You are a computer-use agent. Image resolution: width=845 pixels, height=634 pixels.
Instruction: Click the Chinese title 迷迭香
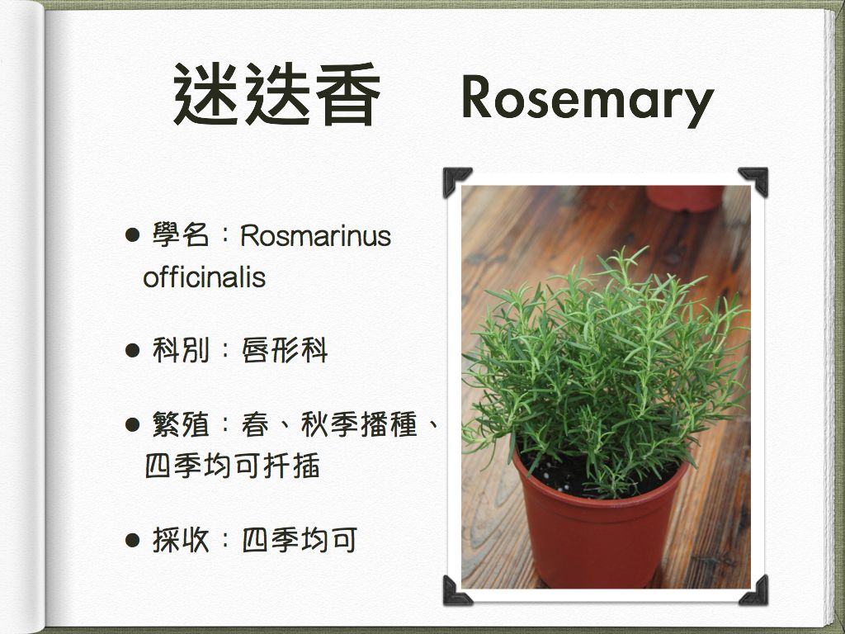tap(276, 94)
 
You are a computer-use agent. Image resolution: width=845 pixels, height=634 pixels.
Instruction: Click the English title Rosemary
tap(588, 99)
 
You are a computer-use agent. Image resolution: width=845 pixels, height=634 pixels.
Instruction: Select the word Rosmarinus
tap(316, 235)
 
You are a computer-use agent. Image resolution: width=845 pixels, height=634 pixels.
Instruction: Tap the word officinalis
tap(205, 277)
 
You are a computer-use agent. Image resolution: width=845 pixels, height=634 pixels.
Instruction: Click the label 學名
tap(181, 235)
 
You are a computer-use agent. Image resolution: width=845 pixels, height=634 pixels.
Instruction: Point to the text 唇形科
tap(285, 350)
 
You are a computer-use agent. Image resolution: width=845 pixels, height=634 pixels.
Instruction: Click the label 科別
tap(181, 350)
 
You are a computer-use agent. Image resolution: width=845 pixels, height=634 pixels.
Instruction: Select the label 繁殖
tap(181, 424)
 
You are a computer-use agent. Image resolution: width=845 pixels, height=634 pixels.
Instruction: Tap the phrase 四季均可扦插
tap(232, 466)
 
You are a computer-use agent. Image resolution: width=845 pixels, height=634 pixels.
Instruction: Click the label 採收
tap(181, 540)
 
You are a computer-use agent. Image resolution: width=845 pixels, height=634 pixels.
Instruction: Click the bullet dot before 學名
tap(132, 235)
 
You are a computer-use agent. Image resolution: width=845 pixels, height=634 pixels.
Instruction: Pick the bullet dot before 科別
tap(132, 350)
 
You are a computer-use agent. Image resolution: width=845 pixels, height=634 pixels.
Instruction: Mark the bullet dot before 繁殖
tap(132, 424)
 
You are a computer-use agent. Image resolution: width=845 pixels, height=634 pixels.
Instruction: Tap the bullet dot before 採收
tap(132, 540)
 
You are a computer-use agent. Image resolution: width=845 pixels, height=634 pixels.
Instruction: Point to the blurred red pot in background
tap(684, 198)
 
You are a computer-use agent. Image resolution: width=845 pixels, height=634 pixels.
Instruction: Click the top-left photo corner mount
tap(453, 178)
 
